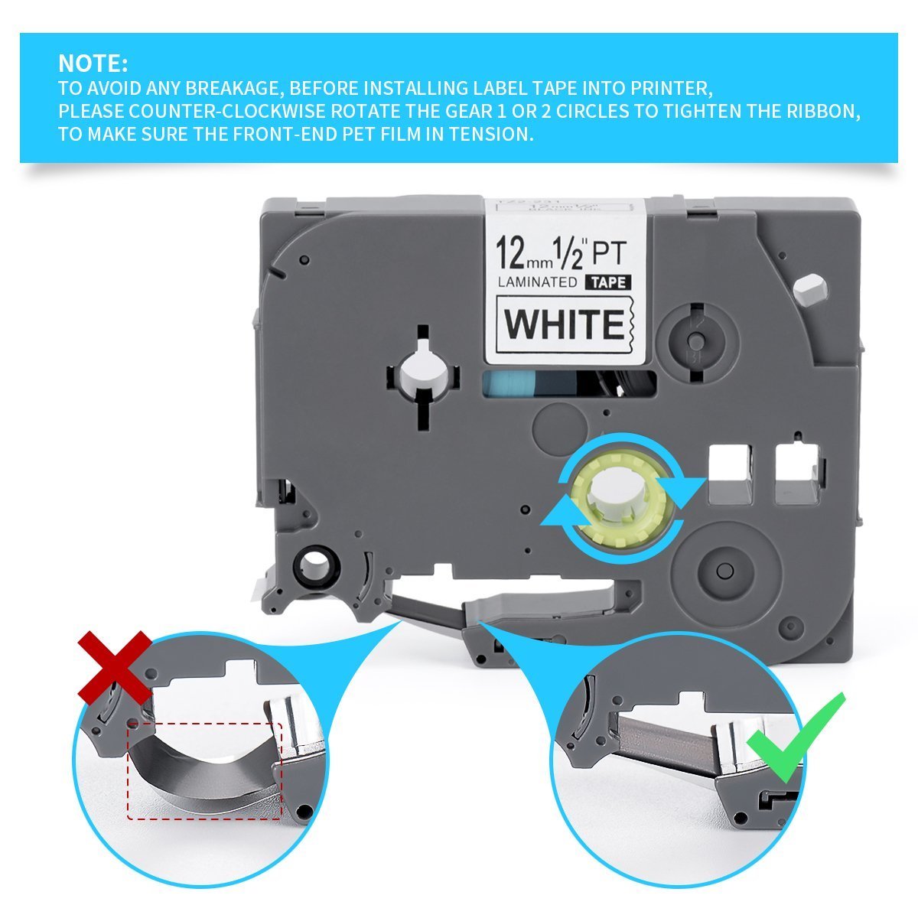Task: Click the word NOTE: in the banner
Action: coord(93,62)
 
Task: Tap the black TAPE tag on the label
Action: coord(607,282)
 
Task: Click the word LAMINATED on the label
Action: coord(537,282)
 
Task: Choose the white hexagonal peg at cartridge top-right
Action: coord(810,291)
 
